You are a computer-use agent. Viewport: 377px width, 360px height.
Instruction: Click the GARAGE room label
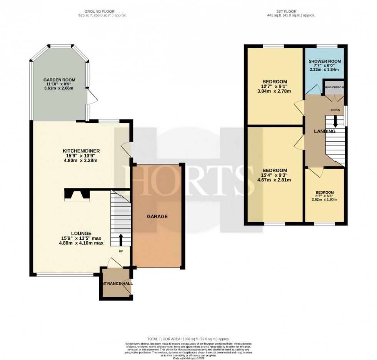pyautogui.click(x=157, y=217)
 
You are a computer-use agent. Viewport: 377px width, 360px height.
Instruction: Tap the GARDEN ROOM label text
pyautogui.click(x=58, y=80)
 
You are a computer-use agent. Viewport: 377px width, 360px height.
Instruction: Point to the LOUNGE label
pyautogui.click(x=81, y=233)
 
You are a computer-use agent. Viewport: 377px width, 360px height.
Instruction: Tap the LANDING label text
pyautogui.click(x=325, y=131)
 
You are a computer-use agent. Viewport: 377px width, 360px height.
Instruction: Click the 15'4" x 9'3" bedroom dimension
pyautogui.click(x=275, y=175)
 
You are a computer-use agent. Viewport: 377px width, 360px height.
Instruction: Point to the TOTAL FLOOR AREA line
pyautogui.click(x=188, y=339)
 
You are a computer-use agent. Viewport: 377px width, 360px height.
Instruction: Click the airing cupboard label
pyautogui.click(x=334, y=87)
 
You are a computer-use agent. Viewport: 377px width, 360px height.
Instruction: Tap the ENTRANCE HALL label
pyautogui.click(x=115, y=284)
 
